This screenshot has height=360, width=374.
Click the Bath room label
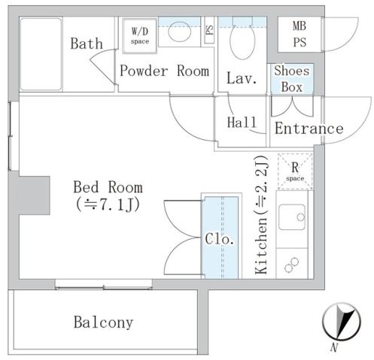(x=87, y=44)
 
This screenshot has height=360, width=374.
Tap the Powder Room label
(x=163, y=72)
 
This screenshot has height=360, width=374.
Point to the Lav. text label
(x=242, y=77)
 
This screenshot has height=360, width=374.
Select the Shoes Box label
(x=290, y=78)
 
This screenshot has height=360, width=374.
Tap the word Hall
(x=241, y=123)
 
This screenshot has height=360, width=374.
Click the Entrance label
(x=309, y=129)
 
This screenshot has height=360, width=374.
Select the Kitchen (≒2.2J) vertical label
(x=262, y=216)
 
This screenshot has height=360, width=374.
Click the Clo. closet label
(x=220, y=241)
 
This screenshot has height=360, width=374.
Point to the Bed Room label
(x=107, y=187)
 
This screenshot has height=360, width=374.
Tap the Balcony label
(x=103, y=322)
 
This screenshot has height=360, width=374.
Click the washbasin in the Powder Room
(x=178, y=32)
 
